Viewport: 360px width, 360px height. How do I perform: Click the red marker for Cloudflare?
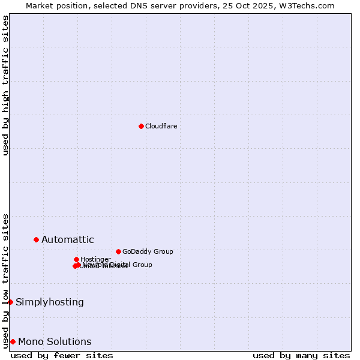[141, 126]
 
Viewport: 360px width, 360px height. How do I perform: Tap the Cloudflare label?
[161, 126]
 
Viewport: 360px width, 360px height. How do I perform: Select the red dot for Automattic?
[36, 239]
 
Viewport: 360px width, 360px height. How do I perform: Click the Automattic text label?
[67, 240]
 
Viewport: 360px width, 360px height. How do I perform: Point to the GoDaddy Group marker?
[118, 251]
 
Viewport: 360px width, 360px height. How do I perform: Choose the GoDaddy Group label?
[148, 252]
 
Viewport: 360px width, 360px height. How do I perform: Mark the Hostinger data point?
[76, 259]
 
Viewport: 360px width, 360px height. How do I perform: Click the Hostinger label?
[95, 259]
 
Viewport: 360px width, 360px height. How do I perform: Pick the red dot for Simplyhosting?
[10, 302]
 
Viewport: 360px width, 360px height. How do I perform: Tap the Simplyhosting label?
[50, 302]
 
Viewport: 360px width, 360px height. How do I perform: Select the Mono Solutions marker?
[13, 341]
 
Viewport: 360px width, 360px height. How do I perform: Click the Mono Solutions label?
[55, 342]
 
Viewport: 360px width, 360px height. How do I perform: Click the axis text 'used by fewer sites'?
[62, 355]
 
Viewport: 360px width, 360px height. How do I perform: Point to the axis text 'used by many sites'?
[301, 355]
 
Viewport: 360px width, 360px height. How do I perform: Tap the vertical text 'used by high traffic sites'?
[5, 86]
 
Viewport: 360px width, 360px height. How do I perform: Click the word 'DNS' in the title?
[137, 5]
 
